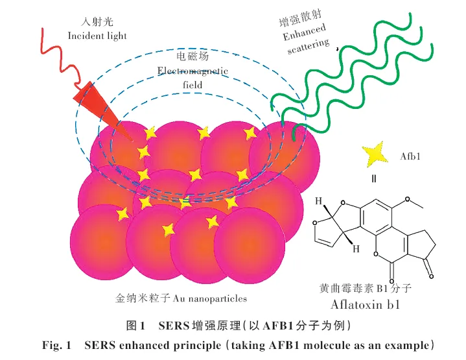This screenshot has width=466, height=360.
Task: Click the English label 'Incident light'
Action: pyautogui.click(x=97, y=35)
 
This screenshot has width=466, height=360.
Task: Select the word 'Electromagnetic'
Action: pyautogui.click(x=192, y=71)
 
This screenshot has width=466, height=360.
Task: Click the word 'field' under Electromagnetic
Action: pyautogui.click(x=192, y=85)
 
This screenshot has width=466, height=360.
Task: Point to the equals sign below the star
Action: pyautogui.click(x=374, y=179)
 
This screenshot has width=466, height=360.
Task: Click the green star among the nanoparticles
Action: pyautogui.click(x=185, y=202)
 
